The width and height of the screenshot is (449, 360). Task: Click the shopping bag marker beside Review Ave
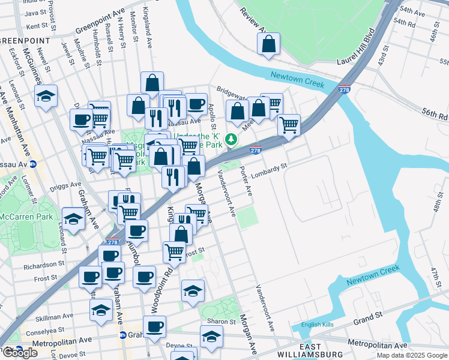tap(268, 44)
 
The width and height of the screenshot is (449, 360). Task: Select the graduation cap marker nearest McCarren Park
tap(73, 220)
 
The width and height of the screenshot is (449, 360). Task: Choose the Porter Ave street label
tap(247, 180)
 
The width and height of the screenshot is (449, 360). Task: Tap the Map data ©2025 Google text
tap(411, 355)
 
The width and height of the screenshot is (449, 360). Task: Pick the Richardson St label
tap(44, 264)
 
